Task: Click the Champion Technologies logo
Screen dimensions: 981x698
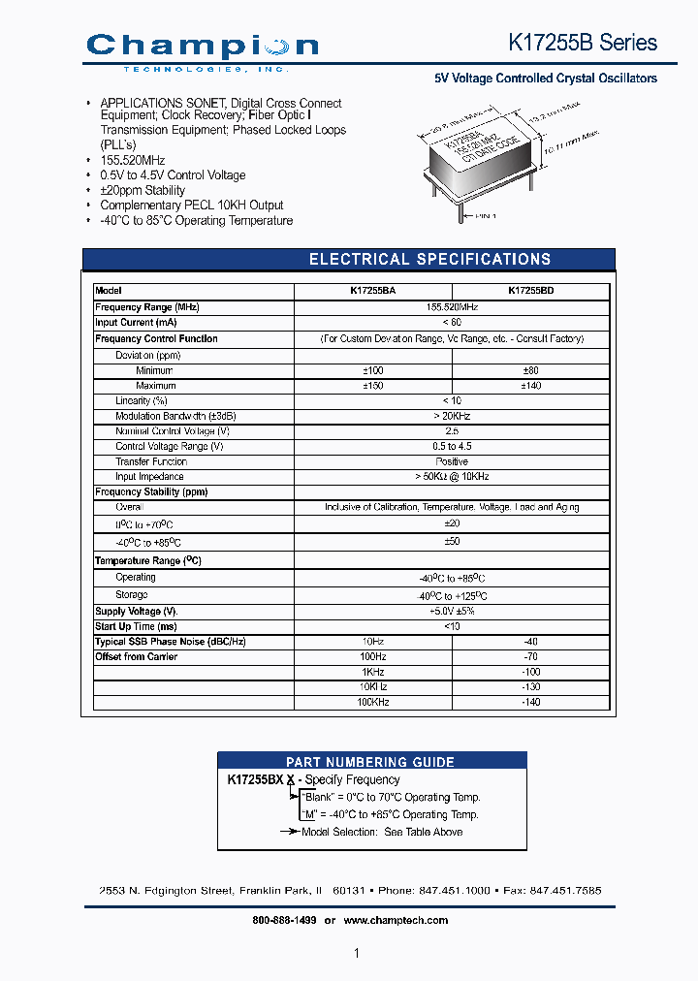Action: (x=202, y=49)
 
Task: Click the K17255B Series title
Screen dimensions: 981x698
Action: (x=583, y=43)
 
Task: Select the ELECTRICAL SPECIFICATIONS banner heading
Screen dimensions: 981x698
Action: (x=429, y=260)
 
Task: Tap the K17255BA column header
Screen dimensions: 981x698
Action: (x=372, y=291)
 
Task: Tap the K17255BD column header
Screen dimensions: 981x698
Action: (x=530, y=291)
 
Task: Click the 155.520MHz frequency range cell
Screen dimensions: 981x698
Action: (x=452, y=306)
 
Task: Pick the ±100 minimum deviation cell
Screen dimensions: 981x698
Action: (x=372, y=370)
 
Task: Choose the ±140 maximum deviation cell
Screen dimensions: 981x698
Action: (x=530, y=386)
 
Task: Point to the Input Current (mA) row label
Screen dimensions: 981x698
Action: (x=136, y=323)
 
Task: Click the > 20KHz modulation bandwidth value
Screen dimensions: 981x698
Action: (x=452, y=416)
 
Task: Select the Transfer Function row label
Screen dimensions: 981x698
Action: (x=151, y=461)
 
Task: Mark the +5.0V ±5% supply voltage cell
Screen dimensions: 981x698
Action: (x=452, y=612)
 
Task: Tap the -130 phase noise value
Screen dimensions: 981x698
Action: (x=530, y=686)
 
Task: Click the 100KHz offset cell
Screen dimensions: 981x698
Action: (x=372, y=702)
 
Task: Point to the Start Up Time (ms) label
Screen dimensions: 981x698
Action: (x=136, y=626)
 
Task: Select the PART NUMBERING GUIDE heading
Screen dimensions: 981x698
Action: (x=370, y=762)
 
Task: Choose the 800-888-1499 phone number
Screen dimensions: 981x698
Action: (x=284, y=920)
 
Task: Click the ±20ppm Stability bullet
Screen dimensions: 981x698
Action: (x=143, y=190)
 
